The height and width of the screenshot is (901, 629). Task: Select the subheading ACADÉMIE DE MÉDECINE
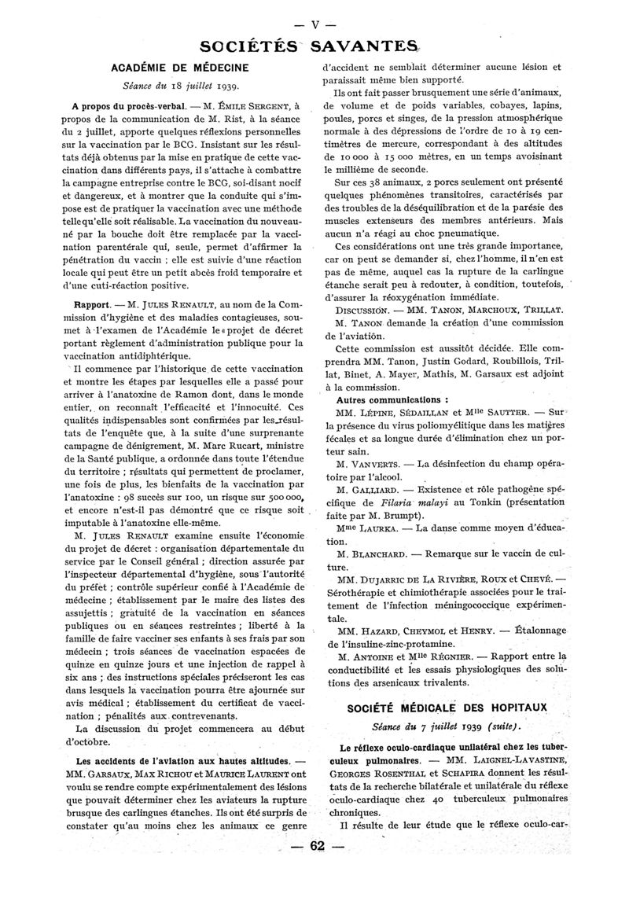click(181, 68)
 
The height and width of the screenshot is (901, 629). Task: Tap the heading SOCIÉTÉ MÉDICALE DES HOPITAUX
click(447, 708)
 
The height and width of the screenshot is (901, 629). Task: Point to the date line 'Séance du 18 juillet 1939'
click(182, 86)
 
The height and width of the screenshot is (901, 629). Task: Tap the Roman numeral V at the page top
click(315, 24)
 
